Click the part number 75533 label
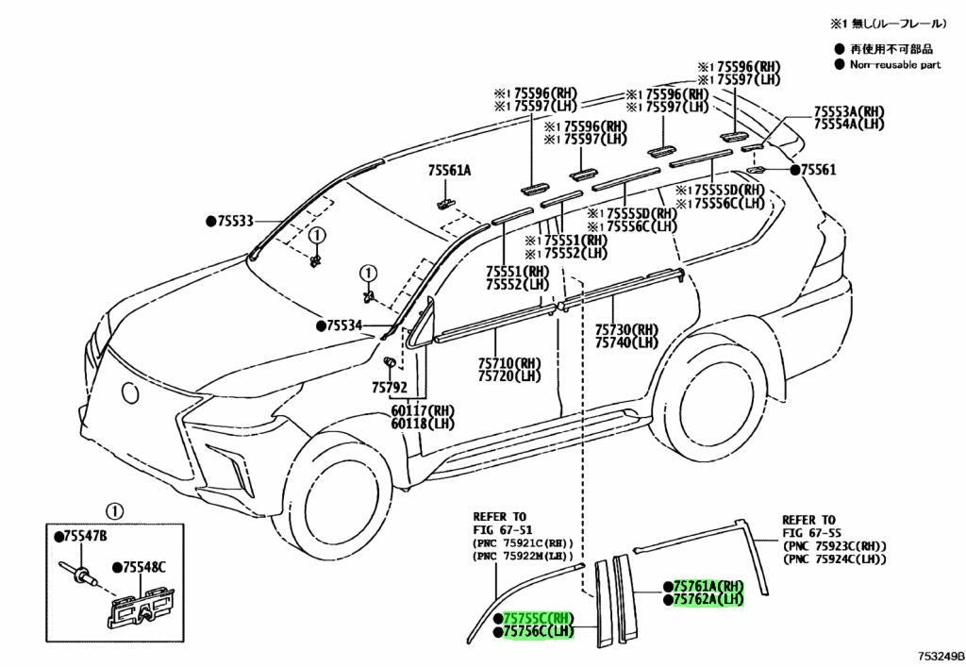(x=235, y=221)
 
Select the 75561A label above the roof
(x=450, y=170)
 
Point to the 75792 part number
(x=390, y=388)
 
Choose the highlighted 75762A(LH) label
(x=709, y=599)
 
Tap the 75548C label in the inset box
(x=143, y=567)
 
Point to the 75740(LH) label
(x=626, y=342)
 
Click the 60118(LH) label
(x=422, y=424)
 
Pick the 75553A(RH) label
(x=849, y=111)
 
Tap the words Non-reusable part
(x=895, y=64)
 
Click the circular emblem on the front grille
(x=130, y=392)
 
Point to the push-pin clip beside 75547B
(x=77, y=572)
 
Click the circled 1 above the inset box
(x=114, y=511)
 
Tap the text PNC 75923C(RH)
(x=835, y=546)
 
